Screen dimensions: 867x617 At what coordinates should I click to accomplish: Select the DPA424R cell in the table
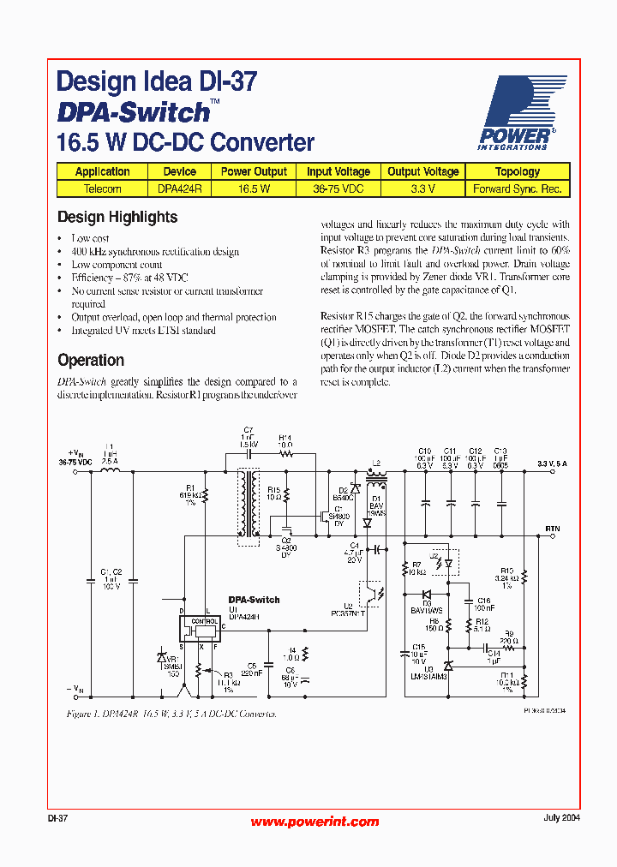coord(179,188)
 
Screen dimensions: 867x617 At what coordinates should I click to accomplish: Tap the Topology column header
coord(517,171)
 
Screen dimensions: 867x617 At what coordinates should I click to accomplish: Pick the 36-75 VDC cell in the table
coord(338,188)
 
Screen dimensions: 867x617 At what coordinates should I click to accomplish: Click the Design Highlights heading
coord(117,218)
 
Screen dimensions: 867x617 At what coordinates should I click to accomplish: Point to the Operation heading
coord(91,361)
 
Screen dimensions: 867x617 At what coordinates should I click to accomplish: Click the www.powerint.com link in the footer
coord(314,822)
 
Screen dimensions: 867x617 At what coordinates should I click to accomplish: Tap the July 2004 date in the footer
coord(561,817)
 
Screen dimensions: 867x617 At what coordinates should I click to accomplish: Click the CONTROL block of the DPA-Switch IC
coord(204,629)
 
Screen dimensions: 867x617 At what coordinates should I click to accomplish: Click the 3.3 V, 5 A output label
coord(553,463)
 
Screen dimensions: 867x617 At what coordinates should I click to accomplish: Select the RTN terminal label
coord(553,529)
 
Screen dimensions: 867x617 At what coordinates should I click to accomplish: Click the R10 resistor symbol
coord(524,579)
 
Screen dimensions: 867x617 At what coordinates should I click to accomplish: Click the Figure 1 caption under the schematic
coord(171,713)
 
